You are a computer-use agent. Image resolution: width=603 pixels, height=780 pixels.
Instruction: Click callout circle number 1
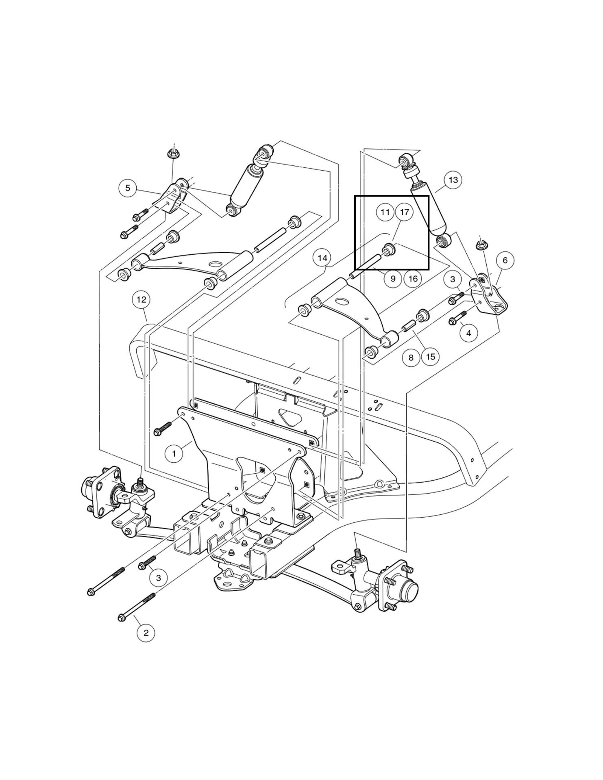(x=174, y=453)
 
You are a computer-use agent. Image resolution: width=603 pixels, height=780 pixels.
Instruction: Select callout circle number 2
(x=146, y=633)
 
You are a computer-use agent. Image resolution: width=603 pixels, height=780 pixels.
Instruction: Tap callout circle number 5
(x=128, y=188)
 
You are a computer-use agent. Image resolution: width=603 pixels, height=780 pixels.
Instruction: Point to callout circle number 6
(x=505, y=260)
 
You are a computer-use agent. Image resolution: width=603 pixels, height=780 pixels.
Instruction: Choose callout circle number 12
(x=141, y=300)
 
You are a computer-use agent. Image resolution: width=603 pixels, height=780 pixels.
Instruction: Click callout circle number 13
(x=453, y=180)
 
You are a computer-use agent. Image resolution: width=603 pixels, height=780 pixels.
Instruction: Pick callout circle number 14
(x=322, y=258)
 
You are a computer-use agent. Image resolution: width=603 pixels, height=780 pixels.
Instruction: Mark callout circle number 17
(x=404, y=212)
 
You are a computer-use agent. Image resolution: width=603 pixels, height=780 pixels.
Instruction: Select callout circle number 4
(x=469, y=333)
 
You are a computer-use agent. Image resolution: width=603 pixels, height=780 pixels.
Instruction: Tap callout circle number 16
(x=413, y=279)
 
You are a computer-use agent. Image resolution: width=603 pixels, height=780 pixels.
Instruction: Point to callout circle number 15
(x=431, y=357)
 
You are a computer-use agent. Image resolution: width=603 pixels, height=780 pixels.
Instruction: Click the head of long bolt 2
(x=121, y=618)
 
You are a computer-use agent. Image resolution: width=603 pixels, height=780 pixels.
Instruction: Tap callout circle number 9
(x=393, y=279)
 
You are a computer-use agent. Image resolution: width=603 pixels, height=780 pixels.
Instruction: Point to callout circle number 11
(x=385, y=212)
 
